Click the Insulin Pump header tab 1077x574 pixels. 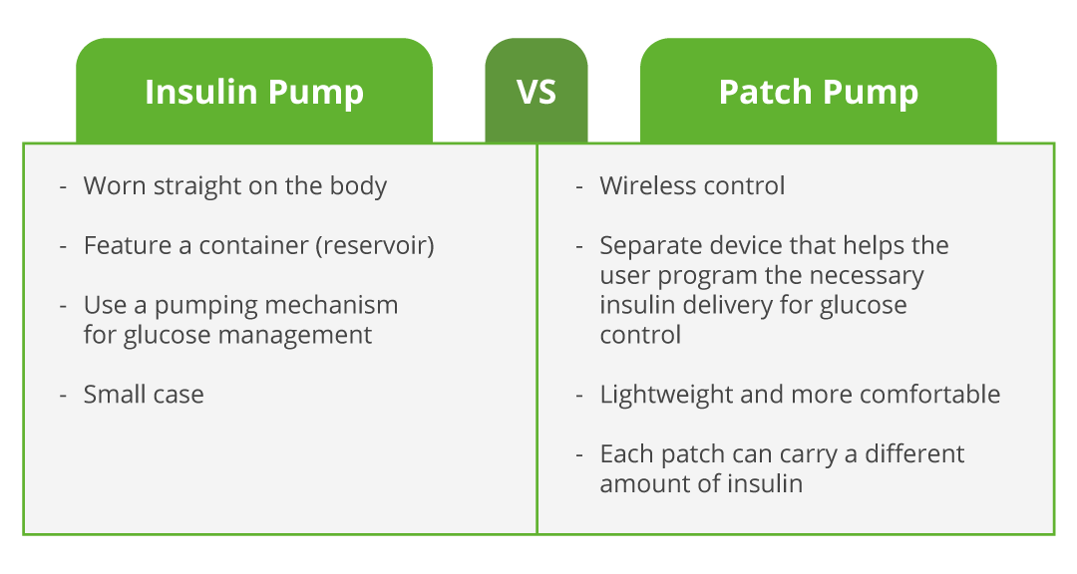[x=254, y=92]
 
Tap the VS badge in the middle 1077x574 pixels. [x=537, y=92]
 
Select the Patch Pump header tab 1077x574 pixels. [x=818, y=92]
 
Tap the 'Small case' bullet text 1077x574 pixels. [x=144, y=395]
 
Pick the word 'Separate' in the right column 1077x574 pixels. [x=644, y=245]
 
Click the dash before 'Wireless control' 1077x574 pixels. [x=579, y=187]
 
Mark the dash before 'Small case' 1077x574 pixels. [x=64, y=396]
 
